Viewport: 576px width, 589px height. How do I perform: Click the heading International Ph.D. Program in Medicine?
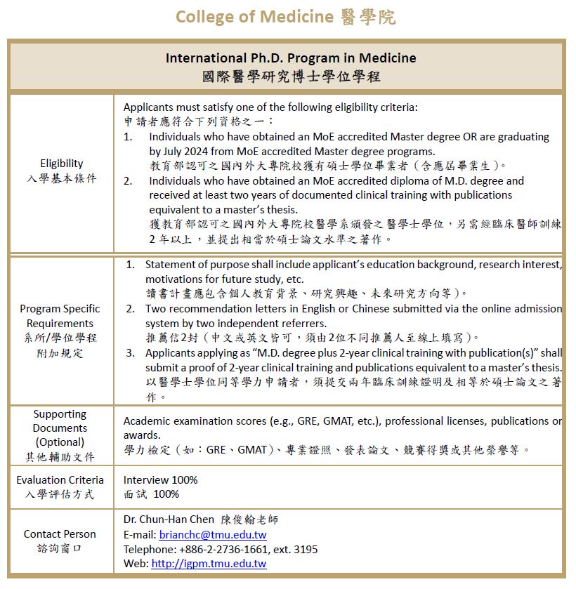291,58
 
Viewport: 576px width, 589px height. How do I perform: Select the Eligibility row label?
62,164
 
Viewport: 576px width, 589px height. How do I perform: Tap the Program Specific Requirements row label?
60,316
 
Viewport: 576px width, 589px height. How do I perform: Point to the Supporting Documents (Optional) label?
60,428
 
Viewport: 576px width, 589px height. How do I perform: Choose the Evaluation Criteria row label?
60,480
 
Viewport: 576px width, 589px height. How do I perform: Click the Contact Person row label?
60,534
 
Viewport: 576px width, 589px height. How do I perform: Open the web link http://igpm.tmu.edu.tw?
209,564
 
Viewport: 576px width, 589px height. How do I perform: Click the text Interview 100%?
160,480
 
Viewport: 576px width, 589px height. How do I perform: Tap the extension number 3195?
303,549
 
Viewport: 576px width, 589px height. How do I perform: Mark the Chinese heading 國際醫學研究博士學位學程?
290,76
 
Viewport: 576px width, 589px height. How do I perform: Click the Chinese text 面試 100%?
151,494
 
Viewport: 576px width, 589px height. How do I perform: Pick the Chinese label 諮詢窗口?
60,548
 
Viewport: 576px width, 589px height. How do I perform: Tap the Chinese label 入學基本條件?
62,178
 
